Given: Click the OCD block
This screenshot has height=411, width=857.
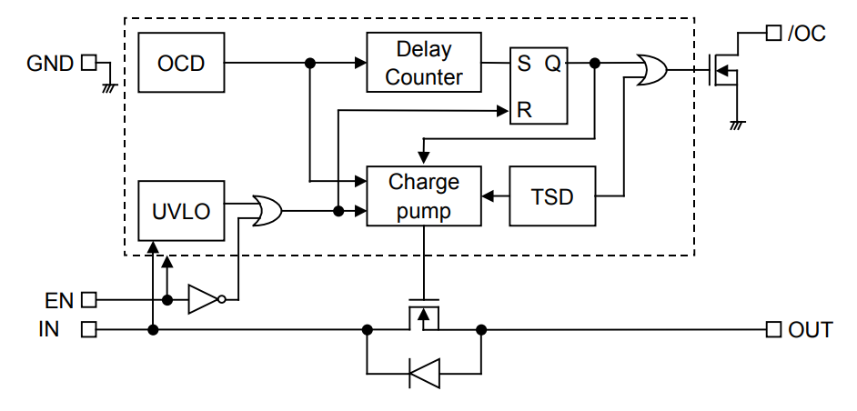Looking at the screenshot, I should pyautogui.click(x=181, y=63).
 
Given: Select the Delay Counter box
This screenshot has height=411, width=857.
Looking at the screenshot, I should pyautogui.click(x=423, y=63).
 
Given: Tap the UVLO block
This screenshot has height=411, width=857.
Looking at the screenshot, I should pyautogui.click(x=181, y=212).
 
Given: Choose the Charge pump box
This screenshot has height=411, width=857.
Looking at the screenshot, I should pyautogui.click(x=423, y=196).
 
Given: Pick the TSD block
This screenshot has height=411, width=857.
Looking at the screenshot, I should pyautogui.click(x=552, y=196).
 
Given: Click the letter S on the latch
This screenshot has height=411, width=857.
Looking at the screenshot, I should pyautogui.click(x=524, y=64).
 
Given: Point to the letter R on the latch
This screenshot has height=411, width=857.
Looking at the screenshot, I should pyautogui.click(x=524, y=110).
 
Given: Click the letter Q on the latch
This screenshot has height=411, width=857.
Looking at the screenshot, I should pyautogui.click(x=552, y=64).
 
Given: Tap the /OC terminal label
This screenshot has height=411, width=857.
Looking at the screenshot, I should pyautogui.click(x=806, y=34).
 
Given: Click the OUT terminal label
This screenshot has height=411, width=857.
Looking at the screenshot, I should pyautogui.click(x=810, y=329).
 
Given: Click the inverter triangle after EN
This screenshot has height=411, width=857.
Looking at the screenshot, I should pyautogui.click(x=203, y=299).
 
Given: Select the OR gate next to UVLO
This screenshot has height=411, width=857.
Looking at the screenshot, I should pyautogui.click(x=267, y=212).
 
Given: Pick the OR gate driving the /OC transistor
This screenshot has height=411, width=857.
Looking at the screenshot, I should pyautogui.click(x=652, y=70).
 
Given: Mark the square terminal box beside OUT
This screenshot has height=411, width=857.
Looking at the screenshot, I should pyautogui.click(x=773, y=329).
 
